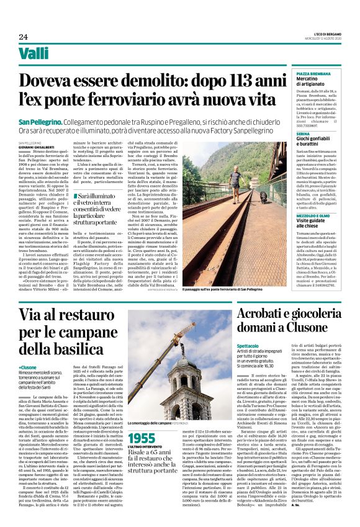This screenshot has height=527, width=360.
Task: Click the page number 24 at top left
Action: pos(24,37)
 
